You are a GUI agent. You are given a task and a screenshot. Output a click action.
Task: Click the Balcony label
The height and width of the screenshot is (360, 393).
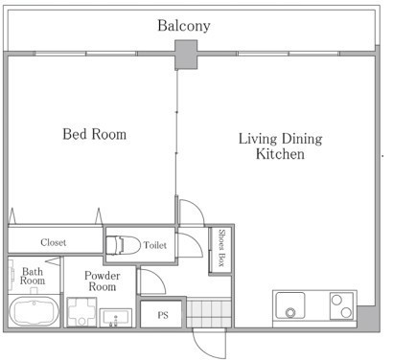[184, 26]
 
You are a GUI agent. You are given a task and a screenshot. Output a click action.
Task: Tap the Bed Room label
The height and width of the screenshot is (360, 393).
[95, 134]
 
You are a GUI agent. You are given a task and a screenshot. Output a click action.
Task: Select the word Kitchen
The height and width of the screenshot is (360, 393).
[280, 154]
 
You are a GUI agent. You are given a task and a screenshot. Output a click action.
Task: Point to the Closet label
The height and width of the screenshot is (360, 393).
[54, 242]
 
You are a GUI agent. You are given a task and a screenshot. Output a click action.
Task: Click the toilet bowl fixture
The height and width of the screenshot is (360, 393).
[123, 245]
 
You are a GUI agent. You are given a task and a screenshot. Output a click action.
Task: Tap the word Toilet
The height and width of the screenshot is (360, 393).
[155, 245]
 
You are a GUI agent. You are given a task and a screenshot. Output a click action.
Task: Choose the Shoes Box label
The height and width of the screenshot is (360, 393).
[221, 248]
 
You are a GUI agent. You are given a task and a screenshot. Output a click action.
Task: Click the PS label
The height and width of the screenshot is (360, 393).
[163, 315]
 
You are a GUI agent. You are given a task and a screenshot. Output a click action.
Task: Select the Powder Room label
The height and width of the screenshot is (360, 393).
[103, 281]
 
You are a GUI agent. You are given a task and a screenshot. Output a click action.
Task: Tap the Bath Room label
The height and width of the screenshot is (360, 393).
[33, 277]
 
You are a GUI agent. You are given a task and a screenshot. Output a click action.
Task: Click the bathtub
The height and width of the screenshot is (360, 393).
[34, 311]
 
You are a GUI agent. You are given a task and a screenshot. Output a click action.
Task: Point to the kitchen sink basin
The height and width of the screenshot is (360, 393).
[290, 305]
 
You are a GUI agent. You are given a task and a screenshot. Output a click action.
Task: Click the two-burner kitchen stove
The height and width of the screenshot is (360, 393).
[341, 305]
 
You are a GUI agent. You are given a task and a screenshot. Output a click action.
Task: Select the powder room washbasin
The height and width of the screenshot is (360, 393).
[116, 318]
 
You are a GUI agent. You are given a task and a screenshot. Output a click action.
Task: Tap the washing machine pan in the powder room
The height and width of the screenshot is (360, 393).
[81, 312]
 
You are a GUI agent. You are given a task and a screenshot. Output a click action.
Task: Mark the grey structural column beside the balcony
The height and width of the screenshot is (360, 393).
[186, 55]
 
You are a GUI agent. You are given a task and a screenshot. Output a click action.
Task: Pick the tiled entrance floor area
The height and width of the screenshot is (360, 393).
[209, 312]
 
